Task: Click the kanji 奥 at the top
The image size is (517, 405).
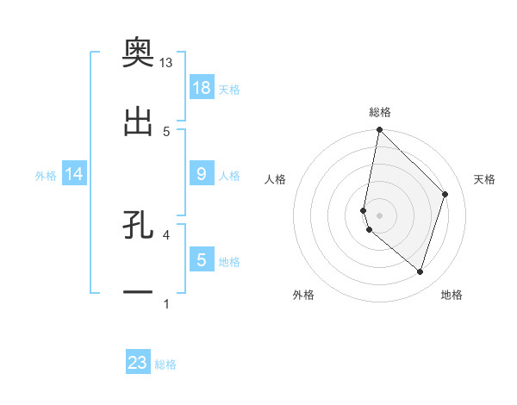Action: [138, 53]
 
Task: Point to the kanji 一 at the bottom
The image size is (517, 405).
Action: [138, 293]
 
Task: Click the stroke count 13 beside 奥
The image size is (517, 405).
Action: [166, 63]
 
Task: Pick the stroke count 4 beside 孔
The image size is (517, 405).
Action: [166, 234]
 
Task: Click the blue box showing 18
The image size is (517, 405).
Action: [202, 87]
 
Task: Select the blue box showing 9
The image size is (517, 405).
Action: [202, 173]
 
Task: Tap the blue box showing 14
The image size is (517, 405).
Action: [74, 174]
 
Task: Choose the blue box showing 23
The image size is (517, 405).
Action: [138, 363]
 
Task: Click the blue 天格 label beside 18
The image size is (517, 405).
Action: [229, 89]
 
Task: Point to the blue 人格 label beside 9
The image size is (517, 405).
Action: [229, 176]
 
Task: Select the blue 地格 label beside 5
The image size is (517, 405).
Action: [229, 262]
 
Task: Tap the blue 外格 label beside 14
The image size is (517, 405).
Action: [46, 176]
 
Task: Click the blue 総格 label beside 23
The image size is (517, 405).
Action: [165, 364]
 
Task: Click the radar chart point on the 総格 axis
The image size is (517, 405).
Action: [379, 130]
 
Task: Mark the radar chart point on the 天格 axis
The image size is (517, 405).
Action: [445, 194]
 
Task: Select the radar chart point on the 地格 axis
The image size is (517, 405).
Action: [420, 271]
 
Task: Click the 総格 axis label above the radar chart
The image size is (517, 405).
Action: [379, 112]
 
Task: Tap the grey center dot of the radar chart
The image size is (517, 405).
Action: [379, 215]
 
